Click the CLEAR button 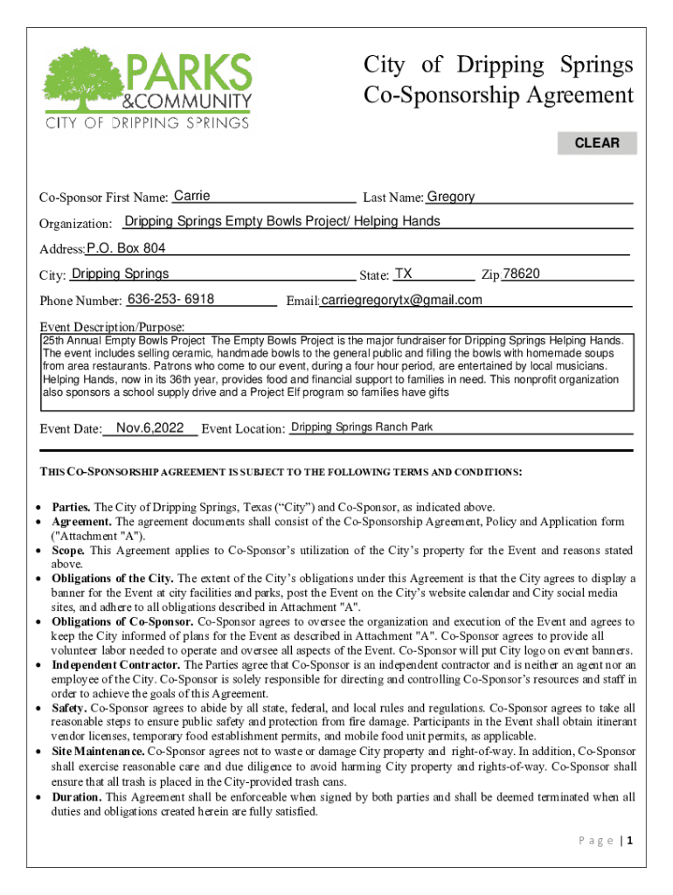click(597, 143)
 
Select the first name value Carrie click(192, 197)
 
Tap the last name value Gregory click(451, 197)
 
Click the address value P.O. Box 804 click(127, 248)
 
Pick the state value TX click(403, 274)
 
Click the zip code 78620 click(522, 274)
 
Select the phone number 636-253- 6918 click(171, 300)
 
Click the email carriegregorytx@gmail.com click(401, 301)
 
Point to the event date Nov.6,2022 click(149, 427)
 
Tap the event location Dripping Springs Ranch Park click(361, 427)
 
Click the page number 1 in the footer click(629, 841)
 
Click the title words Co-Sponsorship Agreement click(498, 95)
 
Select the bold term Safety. click(70, 708)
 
